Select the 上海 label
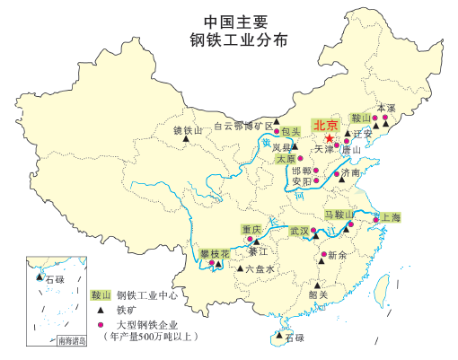pyautogui.click(x=391, y=217)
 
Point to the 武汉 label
pyautogui.click(x=298, y=231)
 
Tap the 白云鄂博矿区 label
pyautogui.click(x=242, y=127)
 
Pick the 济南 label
pyautogui.click(x=349, y=172)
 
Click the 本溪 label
pyautogui.click(x=386, y=107)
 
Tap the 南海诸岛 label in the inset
pyautogui.click(x=72, y=340)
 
